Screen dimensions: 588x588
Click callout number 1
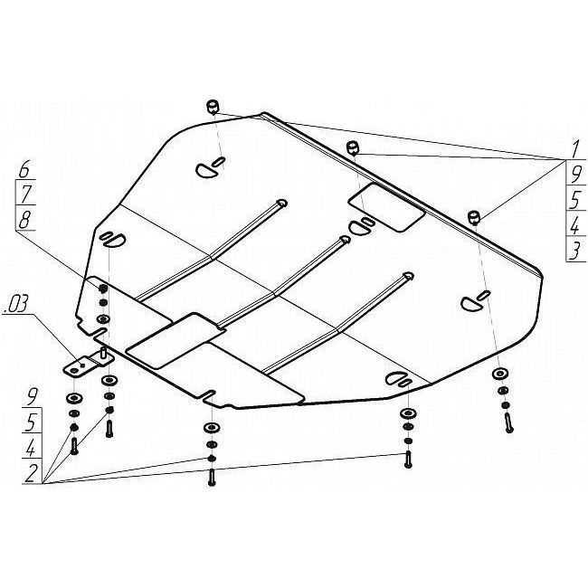575,150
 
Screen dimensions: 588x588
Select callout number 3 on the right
574,251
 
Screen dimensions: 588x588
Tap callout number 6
24,170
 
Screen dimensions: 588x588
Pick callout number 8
24,220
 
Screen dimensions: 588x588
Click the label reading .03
15,305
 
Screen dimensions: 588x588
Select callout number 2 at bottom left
32,473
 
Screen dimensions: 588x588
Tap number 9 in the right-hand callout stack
574,175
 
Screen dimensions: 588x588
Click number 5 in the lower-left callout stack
33,423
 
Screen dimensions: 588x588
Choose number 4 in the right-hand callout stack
574,226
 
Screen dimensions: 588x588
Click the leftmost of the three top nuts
213,107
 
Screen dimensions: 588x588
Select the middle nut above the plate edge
353,147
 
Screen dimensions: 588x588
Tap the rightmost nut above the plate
474,217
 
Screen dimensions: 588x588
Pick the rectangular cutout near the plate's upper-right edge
386,207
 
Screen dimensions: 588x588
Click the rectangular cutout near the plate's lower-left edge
175,340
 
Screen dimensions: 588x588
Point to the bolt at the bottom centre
212,478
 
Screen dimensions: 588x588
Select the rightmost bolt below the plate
509,423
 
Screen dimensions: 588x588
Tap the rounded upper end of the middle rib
344,239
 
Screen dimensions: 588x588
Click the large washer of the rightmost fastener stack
500,374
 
